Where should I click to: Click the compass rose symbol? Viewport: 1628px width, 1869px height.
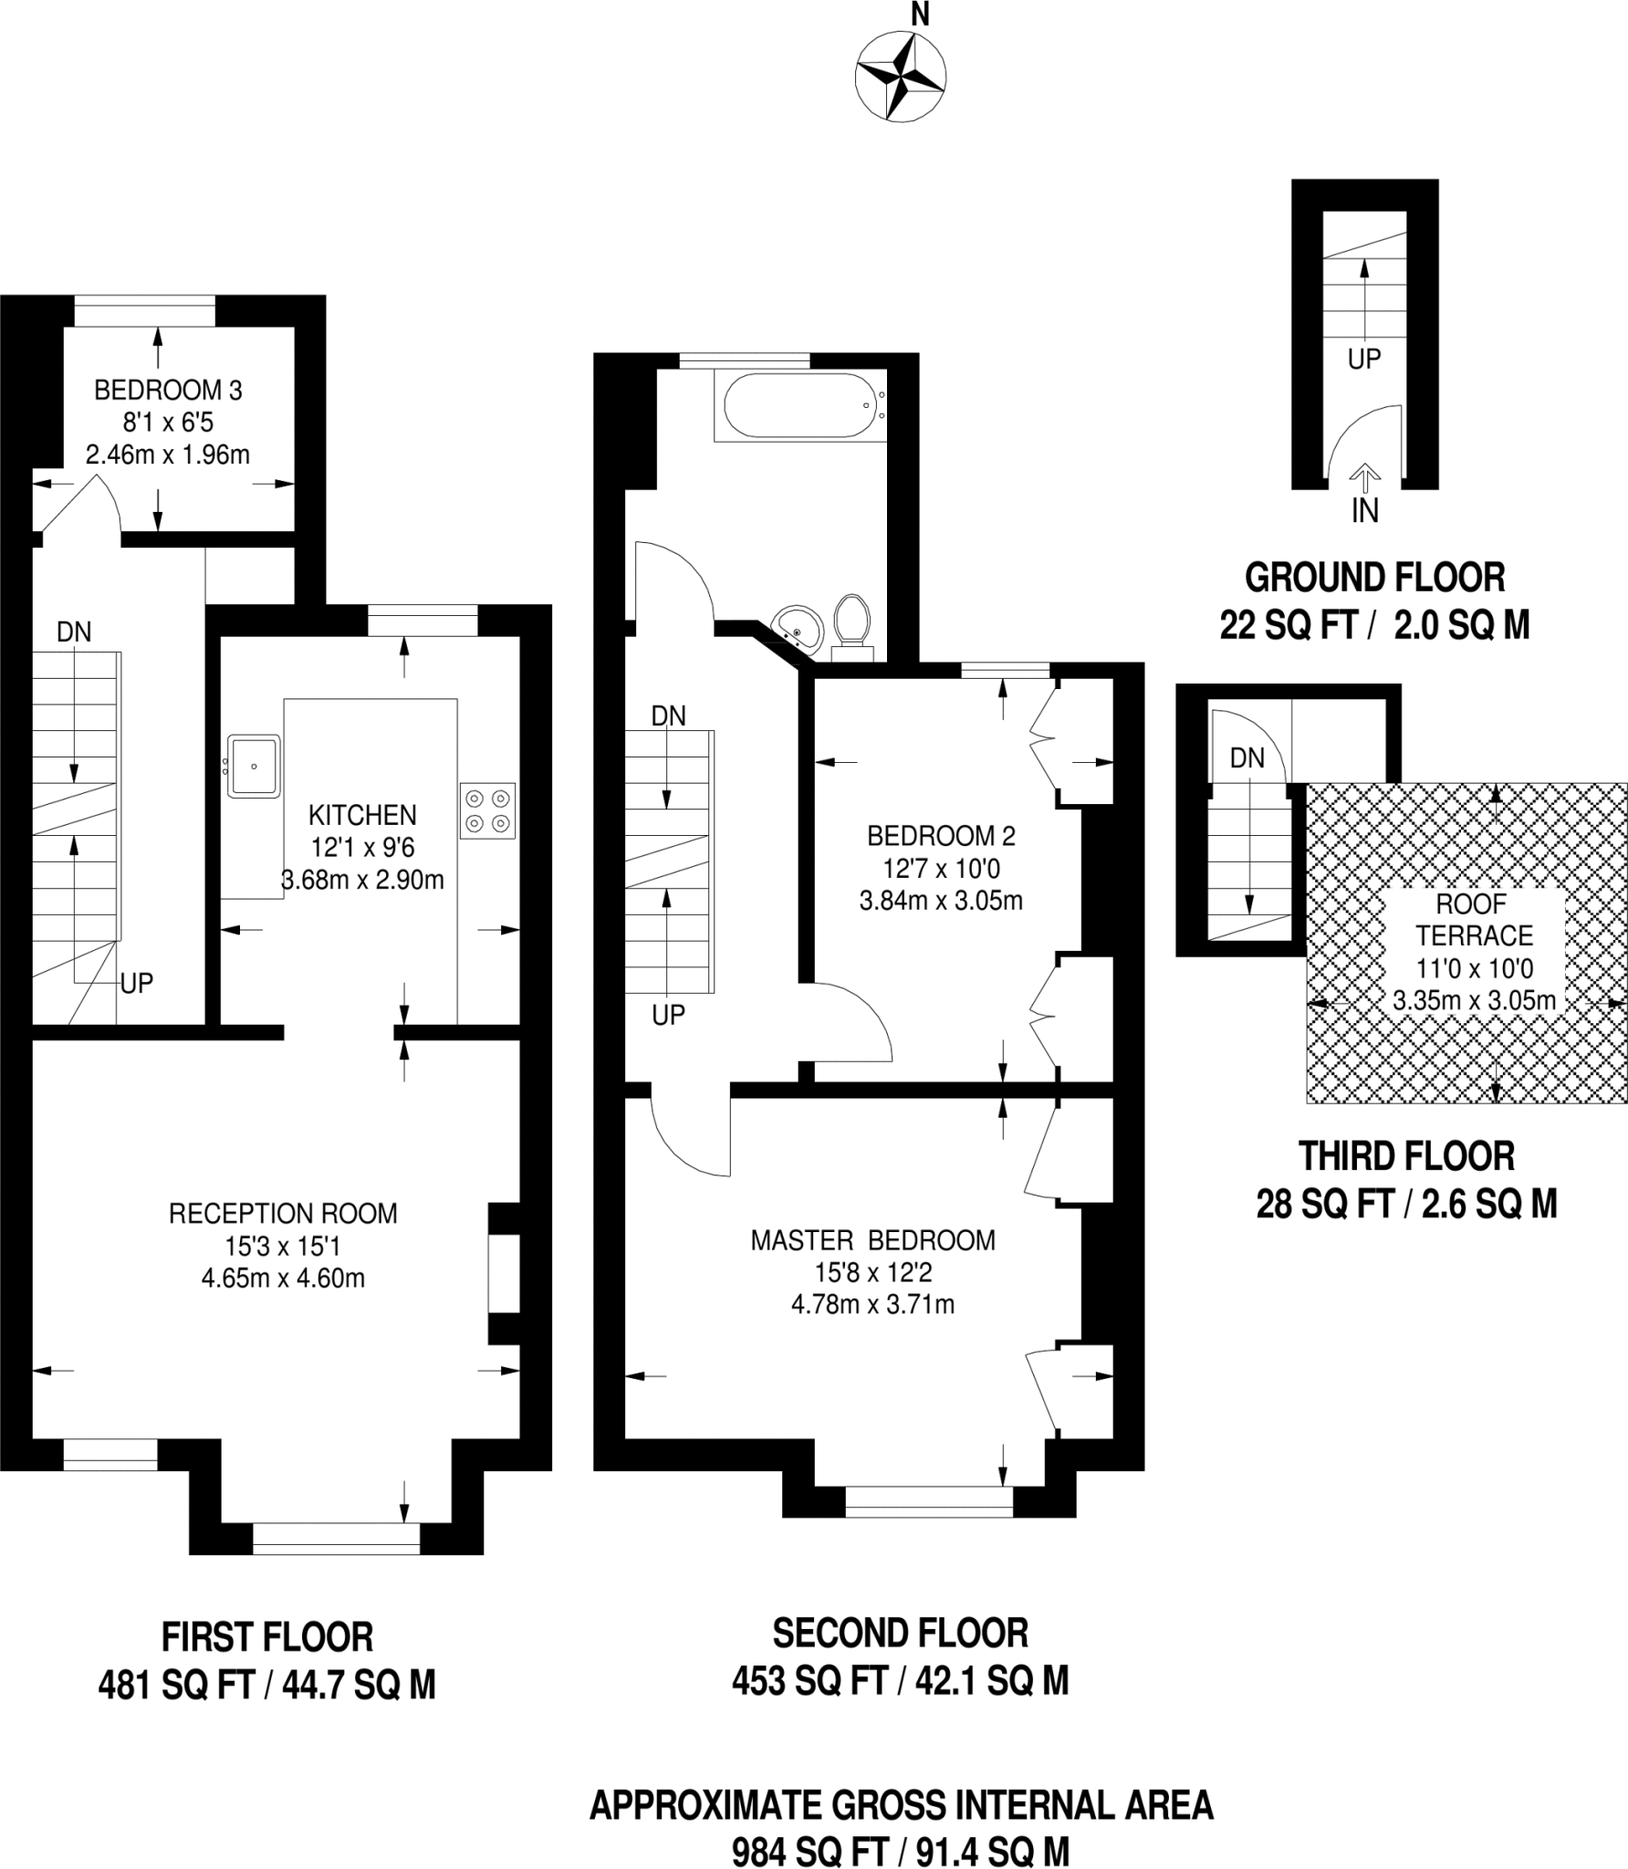point(900,77)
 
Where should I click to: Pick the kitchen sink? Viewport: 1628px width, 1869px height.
point(254,766)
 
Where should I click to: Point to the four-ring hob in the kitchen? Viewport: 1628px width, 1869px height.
point(487,810)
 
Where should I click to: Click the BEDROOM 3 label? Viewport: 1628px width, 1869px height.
point(168,391)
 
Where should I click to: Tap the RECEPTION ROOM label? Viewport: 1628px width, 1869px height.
point(283,1214)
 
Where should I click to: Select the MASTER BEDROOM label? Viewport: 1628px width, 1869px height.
point(872,1240)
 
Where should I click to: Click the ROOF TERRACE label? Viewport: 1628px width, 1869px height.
point(1474,920)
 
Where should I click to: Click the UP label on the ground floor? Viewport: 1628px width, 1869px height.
point(1364,360)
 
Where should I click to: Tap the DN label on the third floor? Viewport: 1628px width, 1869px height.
point(1247,757)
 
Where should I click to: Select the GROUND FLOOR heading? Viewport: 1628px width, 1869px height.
point(1374,578)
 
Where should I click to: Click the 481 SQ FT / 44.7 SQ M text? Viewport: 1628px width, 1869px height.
point(266,1685)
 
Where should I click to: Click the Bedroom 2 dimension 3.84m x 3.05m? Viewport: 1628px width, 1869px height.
point(941,901)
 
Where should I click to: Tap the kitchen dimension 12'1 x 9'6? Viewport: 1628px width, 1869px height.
point(362,848)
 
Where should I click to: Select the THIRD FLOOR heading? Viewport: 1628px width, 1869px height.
point(1406,1156)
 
